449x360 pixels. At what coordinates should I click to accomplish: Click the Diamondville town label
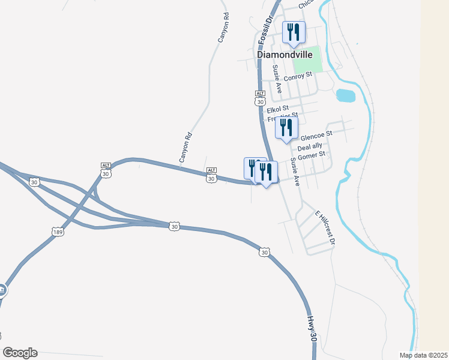285,54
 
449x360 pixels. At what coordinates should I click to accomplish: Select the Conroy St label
299,76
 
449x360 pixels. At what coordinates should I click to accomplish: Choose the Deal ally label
310,146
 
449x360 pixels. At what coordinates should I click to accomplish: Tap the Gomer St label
312,155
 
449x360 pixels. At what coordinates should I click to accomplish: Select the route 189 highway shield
58,232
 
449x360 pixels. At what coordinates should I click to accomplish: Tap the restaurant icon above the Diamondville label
294,32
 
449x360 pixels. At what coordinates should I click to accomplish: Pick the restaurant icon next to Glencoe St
286,127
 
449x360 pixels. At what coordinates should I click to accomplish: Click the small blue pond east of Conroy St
345,95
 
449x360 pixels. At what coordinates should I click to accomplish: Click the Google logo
20,353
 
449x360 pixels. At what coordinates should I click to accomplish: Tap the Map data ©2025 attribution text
424,355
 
